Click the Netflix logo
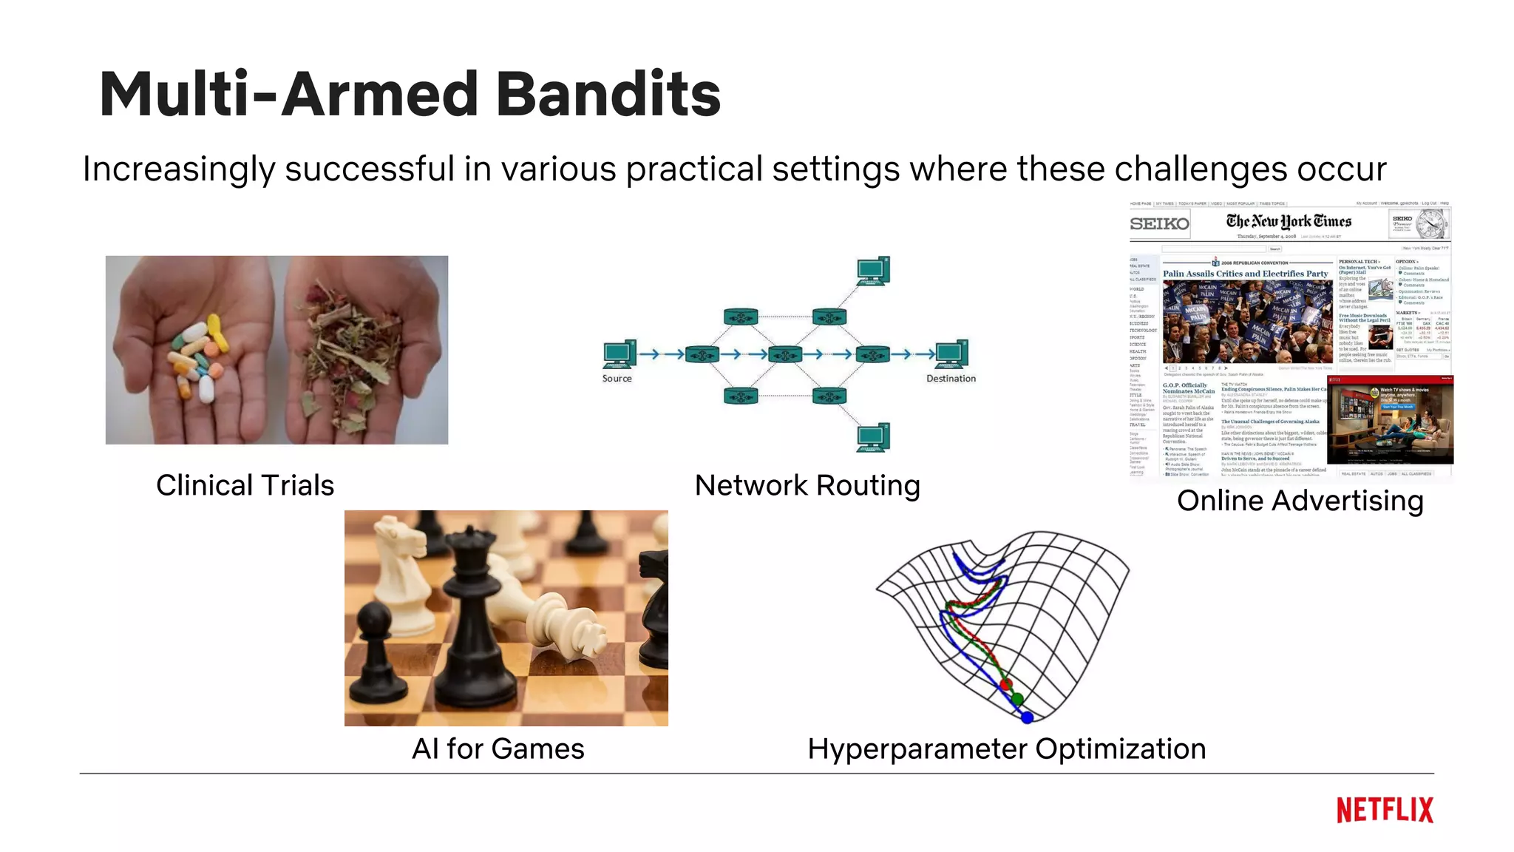pos(1384,810)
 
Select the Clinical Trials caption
pos(245,486)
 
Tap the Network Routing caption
pos(807,486)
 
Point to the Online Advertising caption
pos(1300,501)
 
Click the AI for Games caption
pos(498,749)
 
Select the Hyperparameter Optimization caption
pos(1006,749)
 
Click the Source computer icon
pos(619,354)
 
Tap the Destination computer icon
pos(951,354)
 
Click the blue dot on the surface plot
pos(1027,717)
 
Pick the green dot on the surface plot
pos(1017,699)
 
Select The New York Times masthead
pos(1289,221)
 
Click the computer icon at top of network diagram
pos(873,271)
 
